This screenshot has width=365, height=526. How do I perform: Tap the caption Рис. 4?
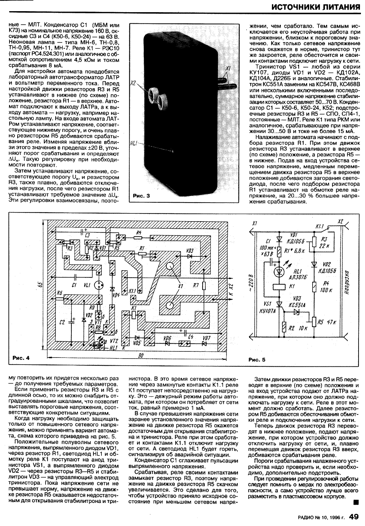click(21, 357)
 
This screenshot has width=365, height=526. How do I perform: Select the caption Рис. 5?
click(257, 360)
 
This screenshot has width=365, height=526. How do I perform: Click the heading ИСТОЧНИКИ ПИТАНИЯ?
click(316, 7)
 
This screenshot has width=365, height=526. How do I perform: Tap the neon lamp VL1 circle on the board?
click(99, 285)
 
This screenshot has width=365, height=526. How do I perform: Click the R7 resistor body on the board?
click(204, 286)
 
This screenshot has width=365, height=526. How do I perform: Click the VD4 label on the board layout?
click(117, 294)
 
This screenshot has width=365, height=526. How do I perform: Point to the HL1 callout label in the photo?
click(133, 144)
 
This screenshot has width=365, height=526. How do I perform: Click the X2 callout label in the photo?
click(133, 83)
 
